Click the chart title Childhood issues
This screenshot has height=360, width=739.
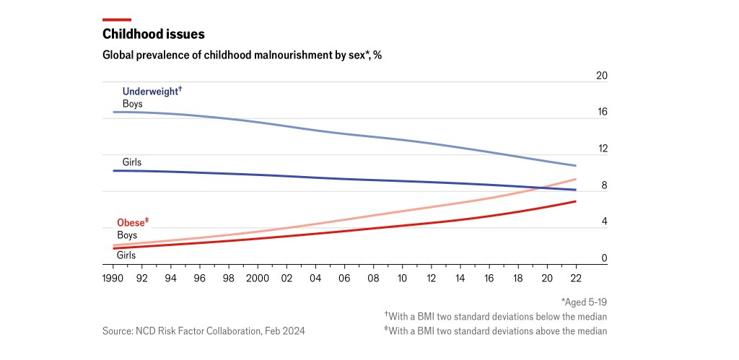(x=153, y=34)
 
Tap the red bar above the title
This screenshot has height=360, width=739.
(x=117, y=19)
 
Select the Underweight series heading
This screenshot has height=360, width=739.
(x=152, y=92)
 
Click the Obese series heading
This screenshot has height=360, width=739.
(x=133, y=222)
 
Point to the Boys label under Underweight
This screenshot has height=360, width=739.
(x=133, y=104)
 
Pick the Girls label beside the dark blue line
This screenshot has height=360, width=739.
(x=132, y=162)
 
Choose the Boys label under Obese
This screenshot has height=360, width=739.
(x=127, y=234)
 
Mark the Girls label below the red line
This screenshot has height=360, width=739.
(x=126, y=255)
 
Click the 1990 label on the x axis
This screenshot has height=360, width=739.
(x=113, y=278)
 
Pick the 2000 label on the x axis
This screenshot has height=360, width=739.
(x=258, y=278)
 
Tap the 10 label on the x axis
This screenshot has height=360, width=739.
(x=402, y=278)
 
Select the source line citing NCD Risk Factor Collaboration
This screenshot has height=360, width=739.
(x=204, y=330)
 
